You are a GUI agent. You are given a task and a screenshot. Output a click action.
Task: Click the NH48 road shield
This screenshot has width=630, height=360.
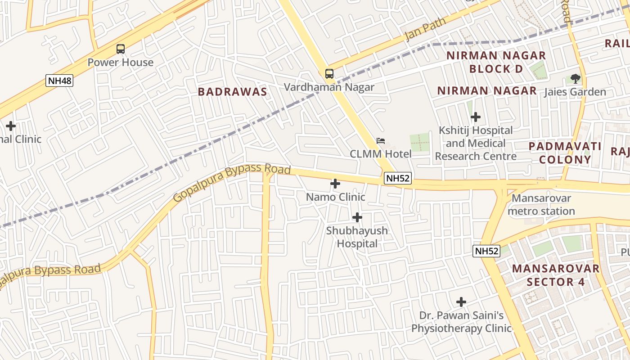pos(59,81)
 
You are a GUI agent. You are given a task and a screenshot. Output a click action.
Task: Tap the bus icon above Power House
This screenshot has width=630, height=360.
pos(120,49)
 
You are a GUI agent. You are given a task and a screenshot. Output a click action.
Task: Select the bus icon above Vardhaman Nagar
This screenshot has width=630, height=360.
pos(329,73)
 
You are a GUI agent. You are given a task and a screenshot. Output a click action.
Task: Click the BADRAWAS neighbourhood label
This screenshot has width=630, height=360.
pos(233,92)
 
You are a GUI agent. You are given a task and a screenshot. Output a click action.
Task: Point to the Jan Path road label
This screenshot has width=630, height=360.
pos(425,29)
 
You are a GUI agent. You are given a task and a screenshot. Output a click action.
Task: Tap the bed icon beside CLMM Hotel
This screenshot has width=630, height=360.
pos(381,141)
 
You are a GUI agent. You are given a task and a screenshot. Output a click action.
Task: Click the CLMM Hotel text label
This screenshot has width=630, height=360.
pos(381,154)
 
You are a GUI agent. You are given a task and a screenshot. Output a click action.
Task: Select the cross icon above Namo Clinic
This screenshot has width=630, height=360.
pos(335,184)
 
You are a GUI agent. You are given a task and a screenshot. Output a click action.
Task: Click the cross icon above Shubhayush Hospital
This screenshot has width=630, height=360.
pos(357,218)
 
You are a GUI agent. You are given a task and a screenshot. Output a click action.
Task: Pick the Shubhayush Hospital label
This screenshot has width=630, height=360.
pos(357,237)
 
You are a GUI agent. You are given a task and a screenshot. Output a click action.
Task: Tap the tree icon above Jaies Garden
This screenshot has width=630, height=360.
pos(575,79)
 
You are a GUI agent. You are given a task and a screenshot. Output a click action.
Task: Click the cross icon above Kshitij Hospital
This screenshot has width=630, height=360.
pos(476,117)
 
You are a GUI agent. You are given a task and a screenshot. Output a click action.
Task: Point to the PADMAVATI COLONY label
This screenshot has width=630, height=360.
pos(565,153)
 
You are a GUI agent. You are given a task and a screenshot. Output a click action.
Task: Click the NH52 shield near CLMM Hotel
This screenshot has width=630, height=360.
pos(398,178)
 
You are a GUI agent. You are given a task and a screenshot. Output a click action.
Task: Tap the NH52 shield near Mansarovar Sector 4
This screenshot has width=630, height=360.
pos(486,251)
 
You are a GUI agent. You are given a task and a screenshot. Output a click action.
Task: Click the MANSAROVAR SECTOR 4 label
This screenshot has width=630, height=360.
pos(556,275)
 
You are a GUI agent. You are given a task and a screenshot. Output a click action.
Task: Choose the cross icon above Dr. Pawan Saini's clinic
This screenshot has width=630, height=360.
pos(461,302)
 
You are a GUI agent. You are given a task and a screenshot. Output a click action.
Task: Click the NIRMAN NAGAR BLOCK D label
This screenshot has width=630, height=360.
pos(496,62)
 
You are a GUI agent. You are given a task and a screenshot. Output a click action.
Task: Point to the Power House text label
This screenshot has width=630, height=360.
pos(120,63)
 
